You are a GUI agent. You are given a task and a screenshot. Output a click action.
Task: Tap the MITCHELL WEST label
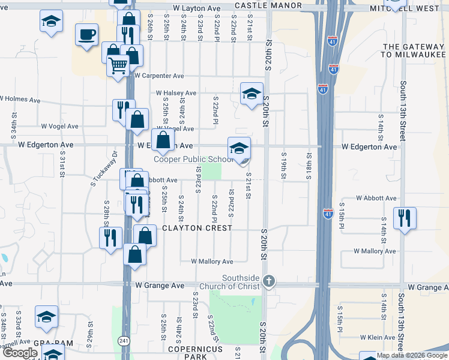point(413,9)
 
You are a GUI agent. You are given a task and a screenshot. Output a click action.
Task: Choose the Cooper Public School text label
point(194,159)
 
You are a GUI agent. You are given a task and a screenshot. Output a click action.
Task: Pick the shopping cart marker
point(118,65)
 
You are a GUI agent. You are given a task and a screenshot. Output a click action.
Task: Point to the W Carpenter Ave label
point(159,76)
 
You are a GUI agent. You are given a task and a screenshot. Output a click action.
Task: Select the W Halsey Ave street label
point(176,93)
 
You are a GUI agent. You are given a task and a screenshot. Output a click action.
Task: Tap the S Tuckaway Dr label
point(103,170)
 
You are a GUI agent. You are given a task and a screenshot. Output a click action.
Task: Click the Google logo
point(20,352)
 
